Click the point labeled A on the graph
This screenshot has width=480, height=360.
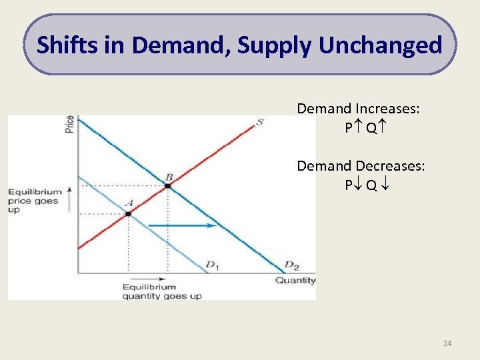click(x=128, y=213)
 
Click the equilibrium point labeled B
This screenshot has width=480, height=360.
click(x=167, y=186)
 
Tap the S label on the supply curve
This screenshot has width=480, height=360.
click(x=259, y=122)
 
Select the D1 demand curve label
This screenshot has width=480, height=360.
click(x=213, y=266)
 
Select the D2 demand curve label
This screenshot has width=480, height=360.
click(x=291, y=265)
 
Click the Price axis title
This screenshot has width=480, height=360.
click(x=70, y=124)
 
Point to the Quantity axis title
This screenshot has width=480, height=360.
click(x=295, y=281)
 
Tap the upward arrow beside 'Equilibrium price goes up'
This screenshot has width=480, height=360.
click(x=69, y=201)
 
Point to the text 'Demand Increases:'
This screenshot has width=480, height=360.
click(x=358, y=109)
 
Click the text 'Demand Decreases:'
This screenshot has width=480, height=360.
click(x=360, y=165)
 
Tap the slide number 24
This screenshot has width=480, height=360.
click(x=447, y=343)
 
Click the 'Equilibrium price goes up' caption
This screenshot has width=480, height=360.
click(x=35, y=201)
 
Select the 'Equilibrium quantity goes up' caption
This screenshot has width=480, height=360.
click(x=161, y=292)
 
